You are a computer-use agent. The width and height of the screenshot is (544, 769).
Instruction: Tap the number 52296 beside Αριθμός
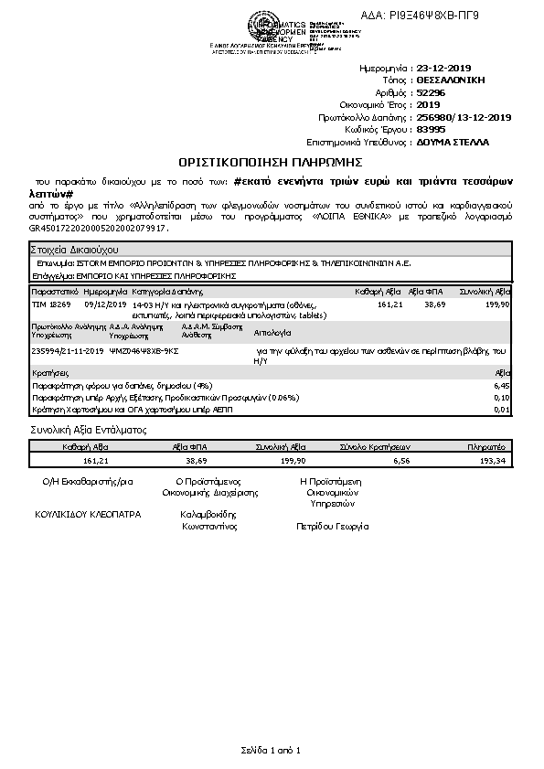click(x=432, y=92)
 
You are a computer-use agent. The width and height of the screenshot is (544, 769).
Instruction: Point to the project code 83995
click(x=432, y=130)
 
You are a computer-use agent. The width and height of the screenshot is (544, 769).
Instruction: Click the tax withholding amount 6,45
click(x=501, y=387)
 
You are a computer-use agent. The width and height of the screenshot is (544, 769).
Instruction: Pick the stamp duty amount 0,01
click(x=501, y=409)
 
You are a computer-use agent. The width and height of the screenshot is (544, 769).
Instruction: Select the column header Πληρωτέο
click(x=486, y=447)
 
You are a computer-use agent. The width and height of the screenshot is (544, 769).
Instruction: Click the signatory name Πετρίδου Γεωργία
click(x=333, y=527)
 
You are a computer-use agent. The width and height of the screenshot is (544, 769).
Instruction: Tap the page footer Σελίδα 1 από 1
click(x=271, y=750)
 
